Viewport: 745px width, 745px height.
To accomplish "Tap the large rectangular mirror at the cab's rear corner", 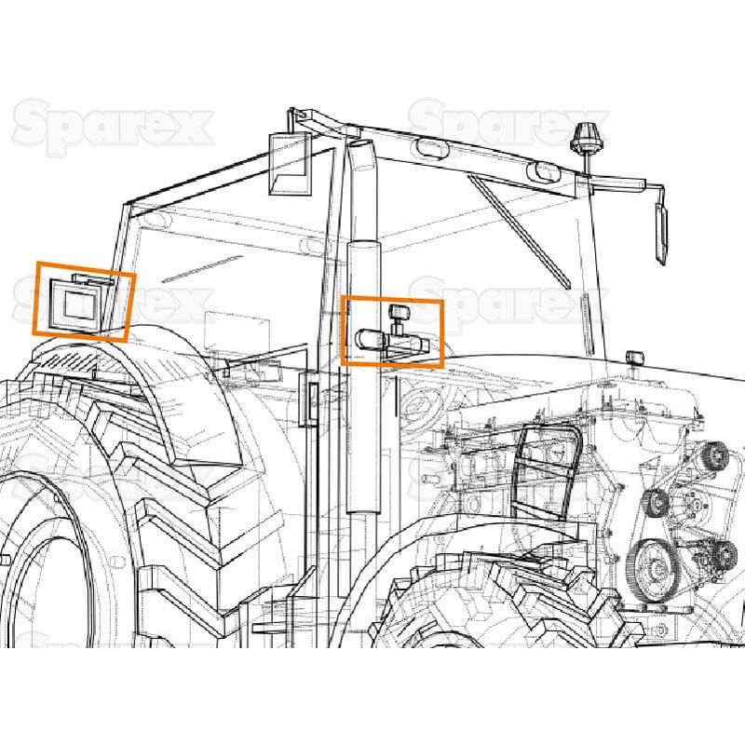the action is coord(291,164).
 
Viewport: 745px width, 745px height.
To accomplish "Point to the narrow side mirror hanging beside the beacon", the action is coord(661,234).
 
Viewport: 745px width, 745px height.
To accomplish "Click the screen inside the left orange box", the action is coord(81,305).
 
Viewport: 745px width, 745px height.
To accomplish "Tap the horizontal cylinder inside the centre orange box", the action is coord(370,339).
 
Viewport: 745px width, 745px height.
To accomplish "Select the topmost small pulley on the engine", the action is coord(713,455).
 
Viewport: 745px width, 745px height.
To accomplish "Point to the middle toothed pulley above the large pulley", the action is coord(657,502).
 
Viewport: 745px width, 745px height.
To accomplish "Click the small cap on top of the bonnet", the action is coord(635,357).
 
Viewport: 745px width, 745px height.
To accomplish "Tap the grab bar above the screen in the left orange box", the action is coord(93,278).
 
